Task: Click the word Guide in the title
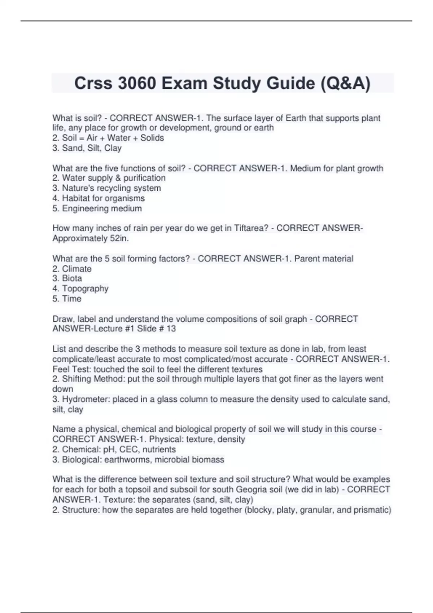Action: click(290, 83)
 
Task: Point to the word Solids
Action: click(152, 138)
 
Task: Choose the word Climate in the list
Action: click(77, 269)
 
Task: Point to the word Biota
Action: click(72, 278)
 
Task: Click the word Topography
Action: click(85, 288)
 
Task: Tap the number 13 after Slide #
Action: click(171, 328)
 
